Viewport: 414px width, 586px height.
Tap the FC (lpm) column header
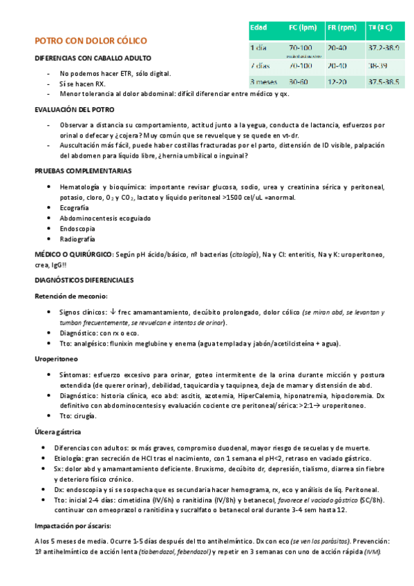302,28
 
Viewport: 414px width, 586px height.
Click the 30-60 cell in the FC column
299,82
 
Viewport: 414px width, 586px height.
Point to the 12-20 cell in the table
337,82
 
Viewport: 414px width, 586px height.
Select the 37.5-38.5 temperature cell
384,82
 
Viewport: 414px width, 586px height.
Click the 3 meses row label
263,82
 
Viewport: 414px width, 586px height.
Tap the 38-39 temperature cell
377,65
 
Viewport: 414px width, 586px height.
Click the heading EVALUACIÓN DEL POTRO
74,110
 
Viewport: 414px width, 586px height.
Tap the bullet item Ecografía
74,207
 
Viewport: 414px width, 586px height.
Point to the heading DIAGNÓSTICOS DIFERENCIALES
84,280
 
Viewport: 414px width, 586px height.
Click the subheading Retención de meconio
71,296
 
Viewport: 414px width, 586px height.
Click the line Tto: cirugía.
78,416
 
